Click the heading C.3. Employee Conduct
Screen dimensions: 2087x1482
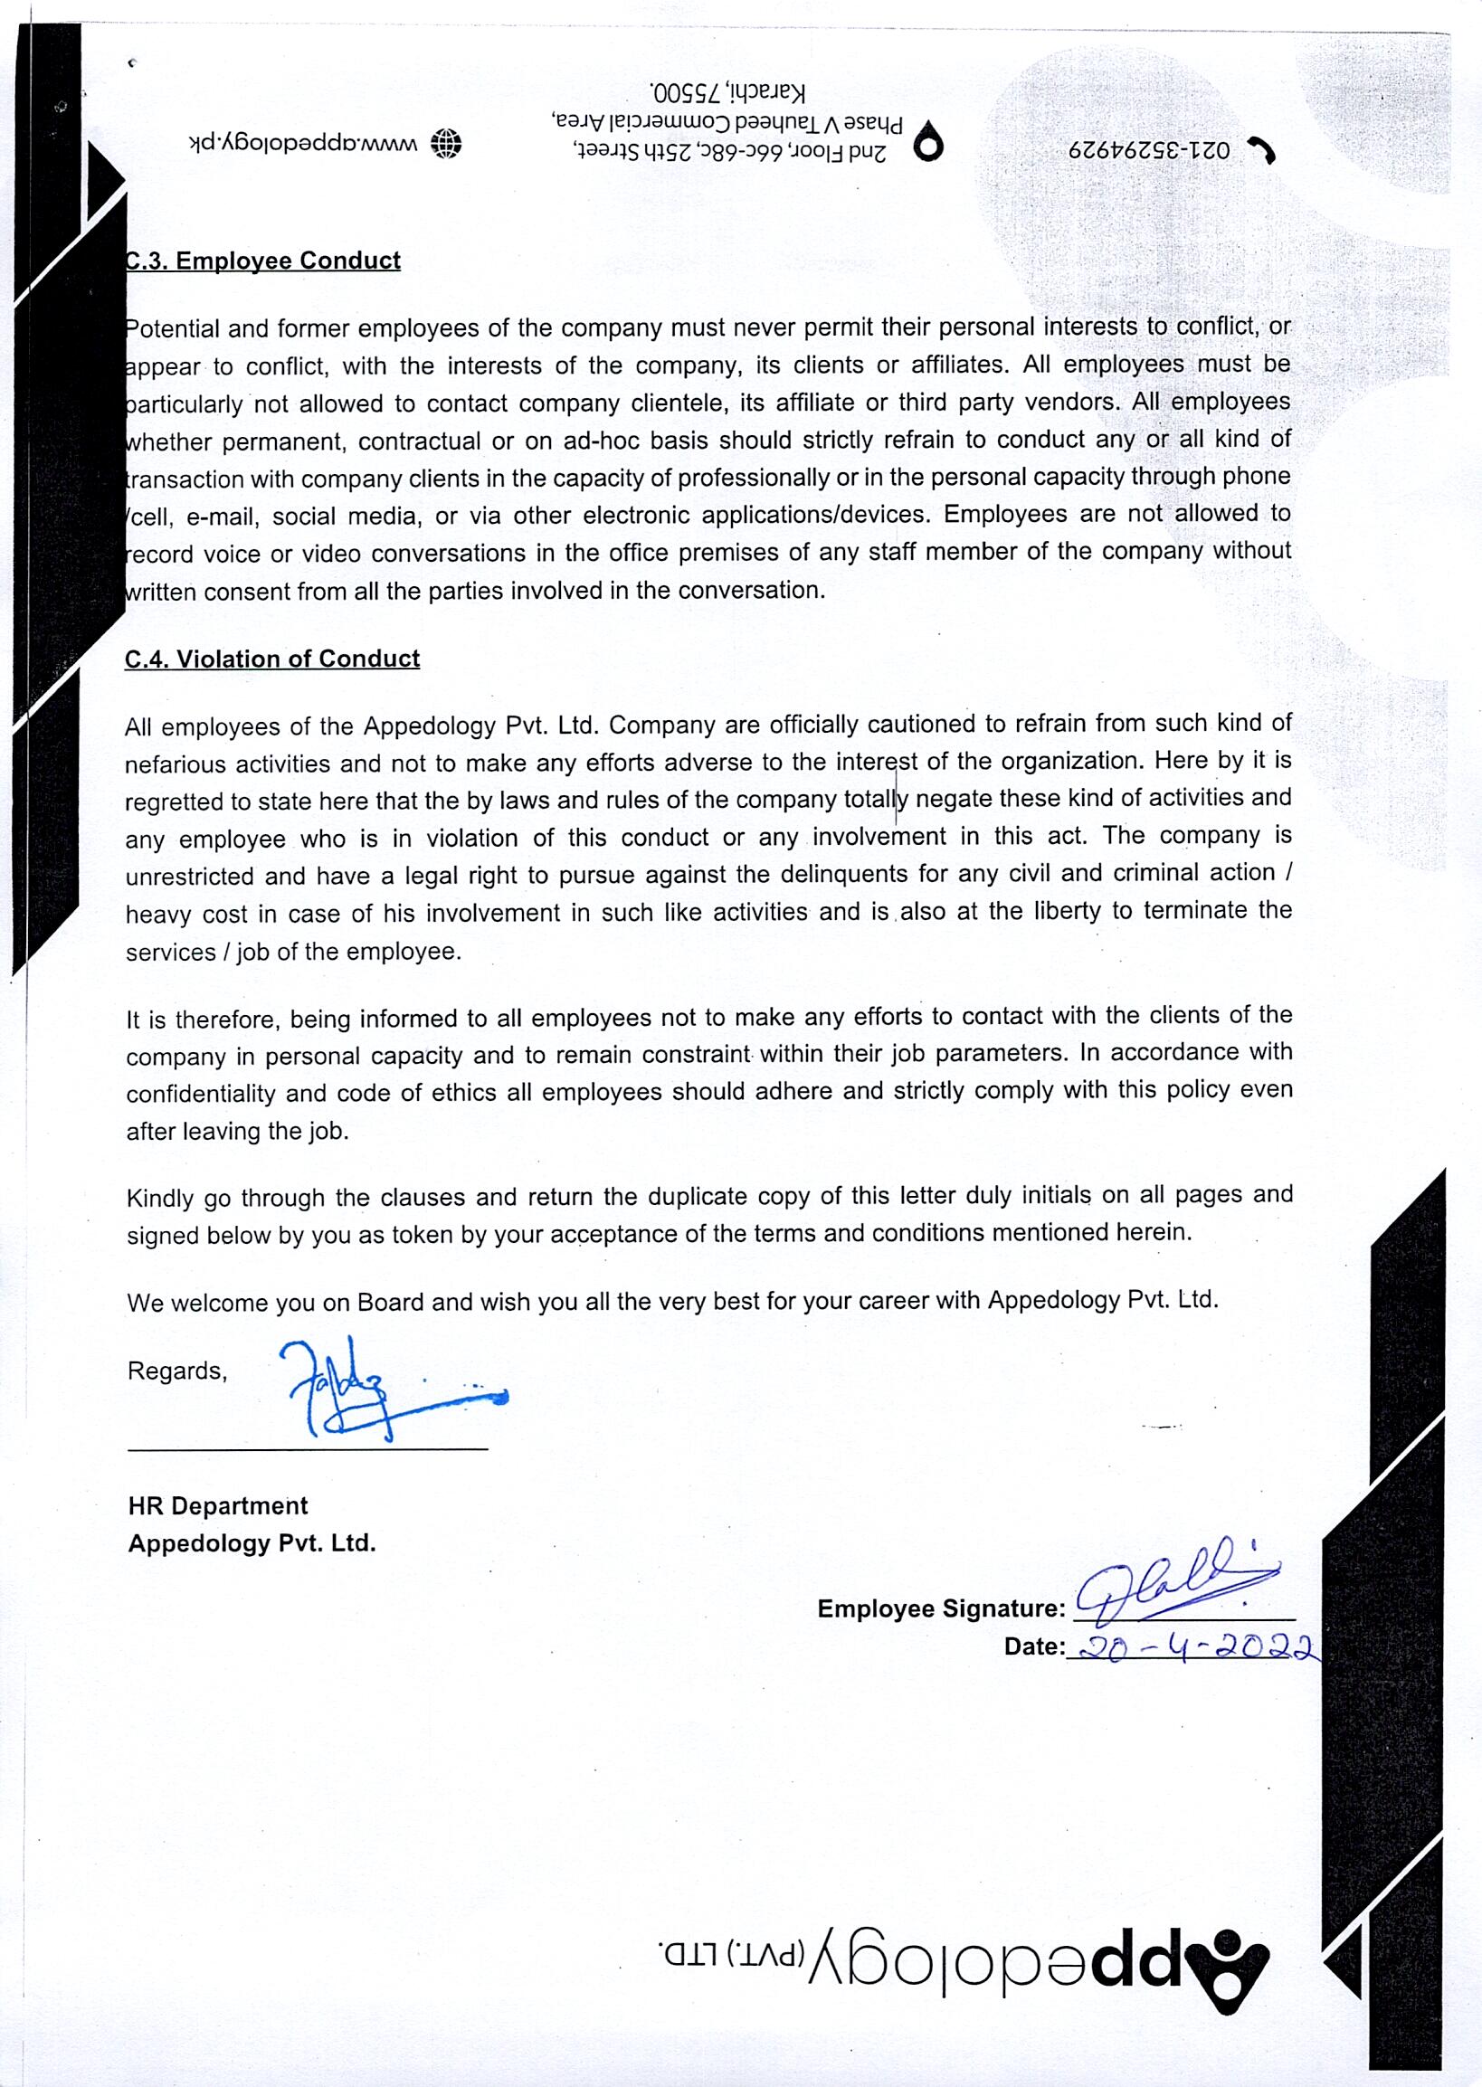pos(262,261)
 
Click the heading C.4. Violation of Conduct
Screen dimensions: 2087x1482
pos(272,659)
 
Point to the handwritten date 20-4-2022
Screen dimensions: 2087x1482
pos(1195,1647)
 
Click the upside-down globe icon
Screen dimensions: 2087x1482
pos(446,144)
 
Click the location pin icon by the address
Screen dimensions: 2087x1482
pos(929,143)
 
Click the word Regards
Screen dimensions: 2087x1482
pos(177,1371)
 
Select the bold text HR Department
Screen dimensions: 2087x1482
pos(218,1505)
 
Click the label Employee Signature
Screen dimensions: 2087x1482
pos(941,1608)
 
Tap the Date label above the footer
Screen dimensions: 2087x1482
pos(1034,1646)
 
